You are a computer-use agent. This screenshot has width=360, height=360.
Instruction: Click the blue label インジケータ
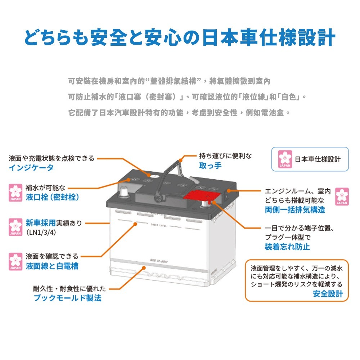(x=31, y=168)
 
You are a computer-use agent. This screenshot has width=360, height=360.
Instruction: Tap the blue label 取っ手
(x=210, y=166)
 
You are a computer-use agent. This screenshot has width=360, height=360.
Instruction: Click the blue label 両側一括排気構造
(x=295, y=210)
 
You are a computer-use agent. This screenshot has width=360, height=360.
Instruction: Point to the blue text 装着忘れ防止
(x=287, y=247)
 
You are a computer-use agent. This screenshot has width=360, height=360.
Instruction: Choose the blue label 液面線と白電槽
(x=52, y=266)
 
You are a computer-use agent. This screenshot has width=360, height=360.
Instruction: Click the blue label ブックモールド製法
(x=68, y=298)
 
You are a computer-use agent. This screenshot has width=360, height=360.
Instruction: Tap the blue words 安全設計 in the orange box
(x=328, y=294)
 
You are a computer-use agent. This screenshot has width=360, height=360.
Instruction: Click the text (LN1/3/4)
(x=41, y=233)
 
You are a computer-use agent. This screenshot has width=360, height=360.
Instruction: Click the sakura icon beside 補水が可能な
(x=15, y=193)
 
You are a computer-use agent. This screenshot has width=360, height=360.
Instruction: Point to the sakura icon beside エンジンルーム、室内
(x=342, y=196)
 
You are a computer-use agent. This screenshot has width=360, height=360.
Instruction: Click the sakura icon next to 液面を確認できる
(x=15, y=261)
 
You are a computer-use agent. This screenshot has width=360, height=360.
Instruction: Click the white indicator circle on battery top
(x=152, y=176)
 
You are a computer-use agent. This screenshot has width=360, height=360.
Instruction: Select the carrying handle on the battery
(x=169, y=176)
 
